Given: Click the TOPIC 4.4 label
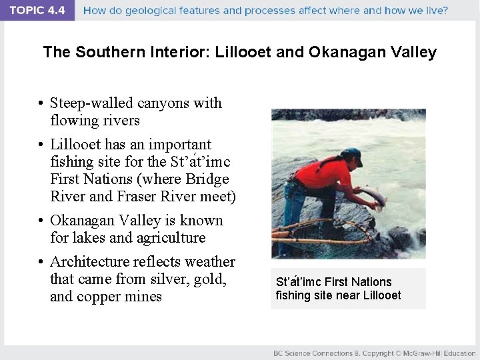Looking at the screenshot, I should pos(37,11).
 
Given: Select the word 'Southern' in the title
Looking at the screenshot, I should pos(106,52).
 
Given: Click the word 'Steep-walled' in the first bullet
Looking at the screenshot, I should pos(92,103).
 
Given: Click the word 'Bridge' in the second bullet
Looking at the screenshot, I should pos(207,179).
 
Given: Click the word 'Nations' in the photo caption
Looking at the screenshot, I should pos(371,282).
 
